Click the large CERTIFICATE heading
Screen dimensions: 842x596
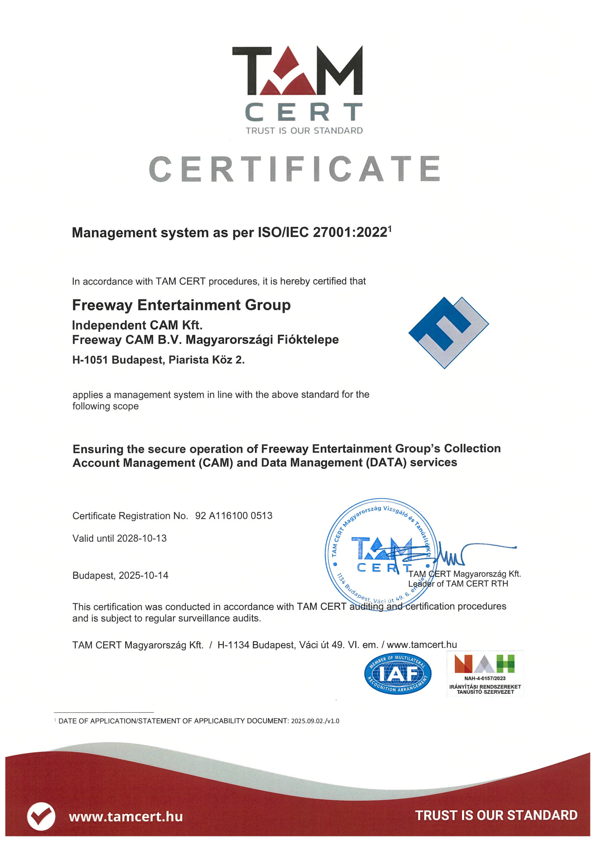pyautogui.click(x=295, y=169)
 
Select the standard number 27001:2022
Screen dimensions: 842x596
pyautogui.click(x=350, y=232)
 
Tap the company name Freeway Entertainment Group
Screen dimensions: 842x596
pyautogui.click(x=181, y=305)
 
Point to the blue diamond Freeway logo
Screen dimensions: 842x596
pyautogui.click(x=448, y=332)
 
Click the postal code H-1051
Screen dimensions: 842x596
pyautogui.click(x=90, y=360)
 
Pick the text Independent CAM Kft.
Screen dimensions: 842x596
pyautogui.click(x=137, y=325)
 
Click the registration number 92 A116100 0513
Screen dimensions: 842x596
pyautogui.click(x=234, y=516)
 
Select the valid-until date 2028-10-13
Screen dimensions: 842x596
pyautogui.click(x=142, y=538)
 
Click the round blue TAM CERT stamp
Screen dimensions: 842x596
pyautogui.click(x=381, y=554)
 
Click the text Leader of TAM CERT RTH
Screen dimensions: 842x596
pyautogui.click(x=458, y=584)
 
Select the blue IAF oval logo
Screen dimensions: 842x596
pyautogui.click(x=397, y=674)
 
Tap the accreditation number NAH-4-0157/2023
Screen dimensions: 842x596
pyautogui.click(x=485, y=678)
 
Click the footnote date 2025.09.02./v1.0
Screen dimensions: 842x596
pyautogui.click(x=315, y=721)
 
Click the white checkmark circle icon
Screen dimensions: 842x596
pyautogui.click(x=41, y=816)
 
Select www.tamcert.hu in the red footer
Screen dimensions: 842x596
pyautogui.click(x=126, y=817)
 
